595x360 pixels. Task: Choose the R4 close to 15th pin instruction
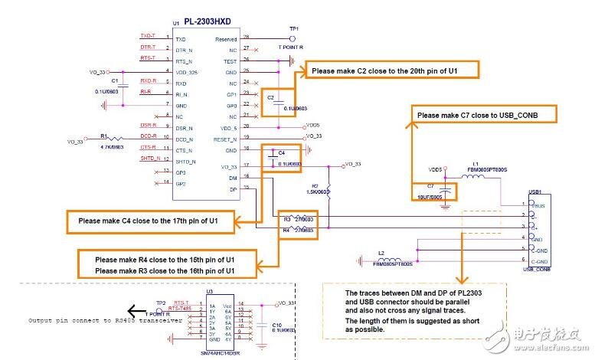click(165, 259)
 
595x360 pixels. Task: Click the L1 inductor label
click(475, 163)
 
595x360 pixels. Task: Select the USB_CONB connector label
click(537, 269)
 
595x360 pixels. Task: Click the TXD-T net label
click(149, 37)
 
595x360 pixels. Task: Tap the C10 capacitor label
click(277, 324)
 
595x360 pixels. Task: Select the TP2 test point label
click(160, 303)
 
